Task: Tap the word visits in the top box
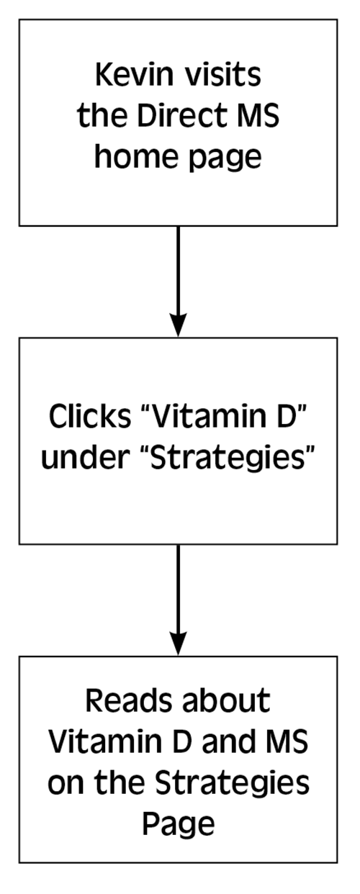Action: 222,75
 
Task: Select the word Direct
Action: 176,115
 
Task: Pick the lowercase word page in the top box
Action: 225,159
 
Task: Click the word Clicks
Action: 90,416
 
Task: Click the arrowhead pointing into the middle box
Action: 179,326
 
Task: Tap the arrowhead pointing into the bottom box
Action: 179,644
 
